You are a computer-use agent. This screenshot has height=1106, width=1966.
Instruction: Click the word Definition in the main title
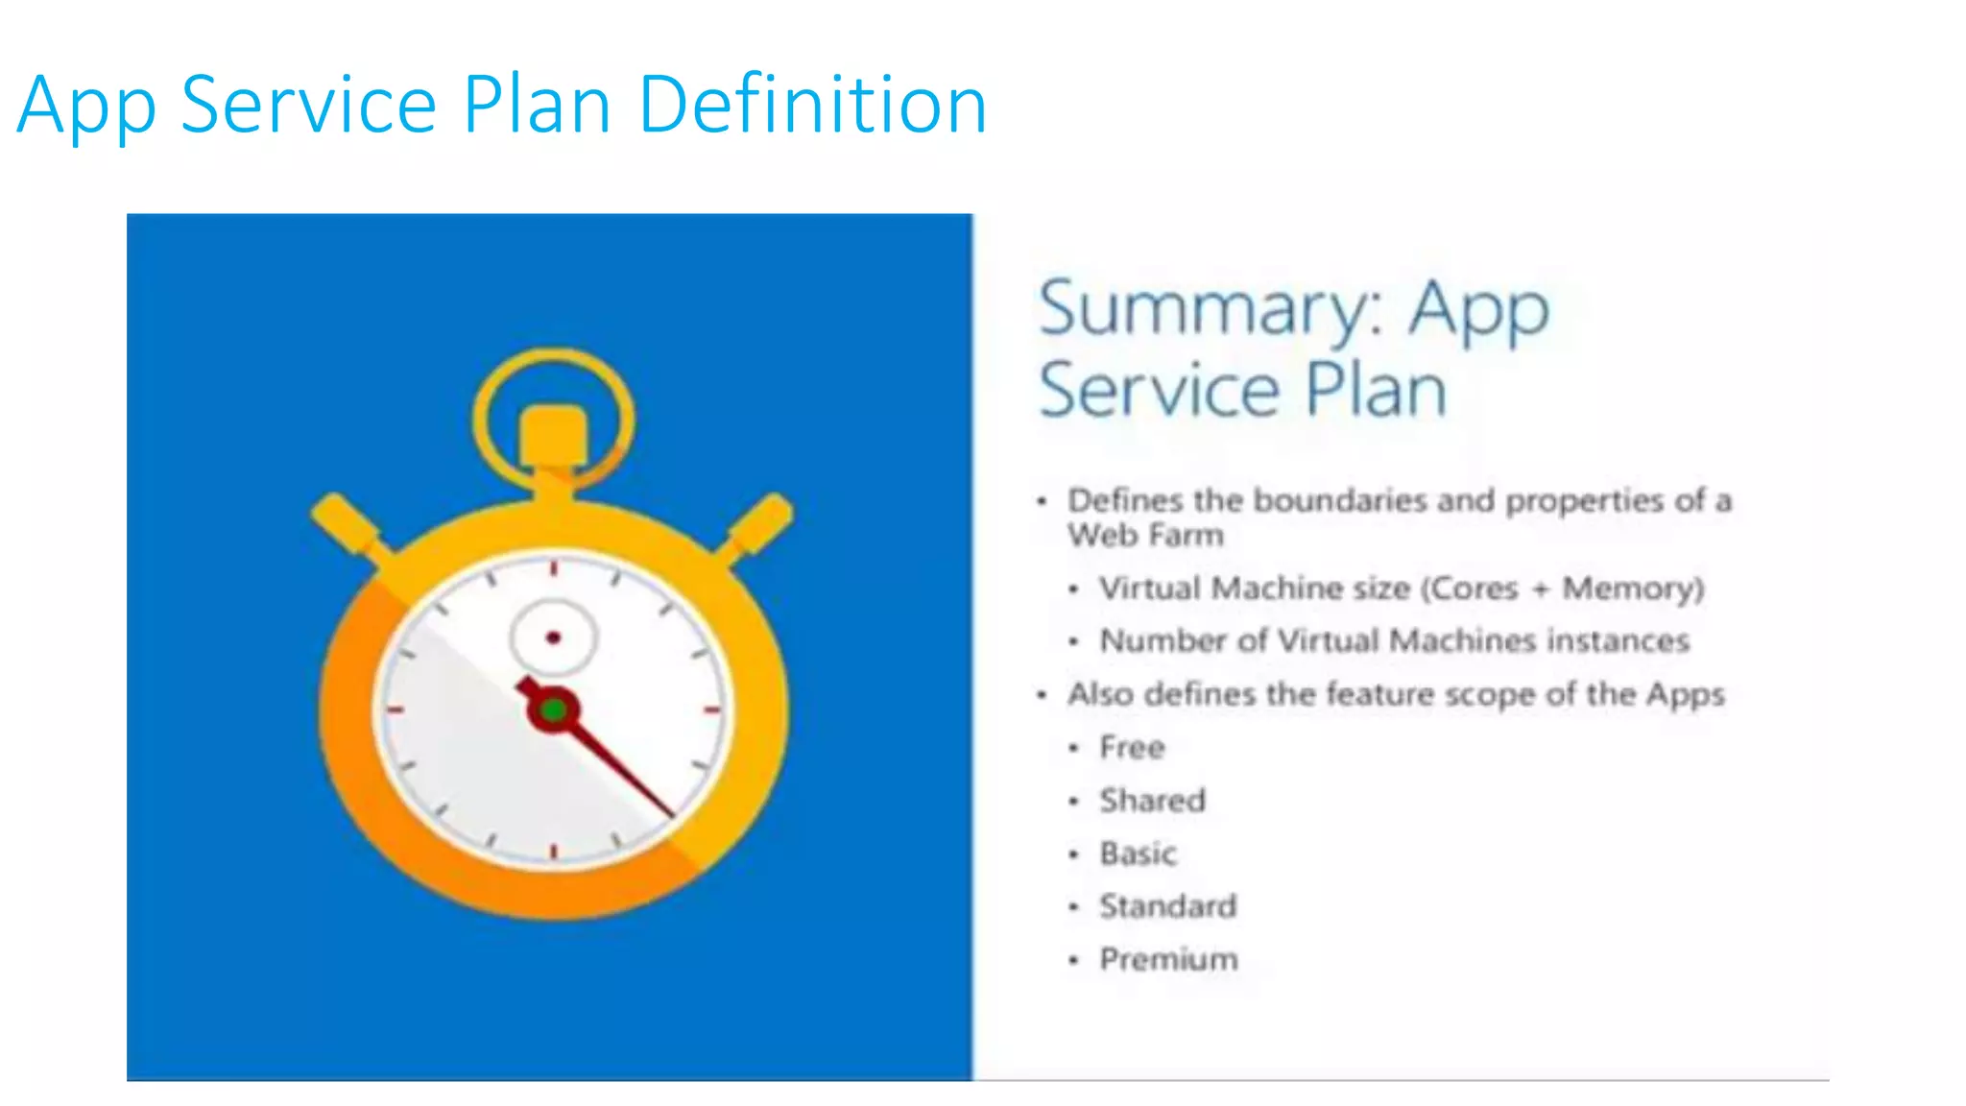[x=812, y=104]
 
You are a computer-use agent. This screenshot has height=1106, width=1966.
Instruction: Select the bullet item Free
[x=1132, y=747]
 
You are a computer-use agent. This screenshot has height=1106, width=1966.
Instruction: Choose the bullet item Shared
[x=1152, y=800]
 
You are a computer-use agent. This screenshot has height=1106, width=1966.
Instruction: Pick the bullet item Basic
[x=1138, y=853]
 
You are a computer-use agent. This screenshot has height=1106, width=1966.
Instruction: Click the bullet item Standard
[x=1167, y=905]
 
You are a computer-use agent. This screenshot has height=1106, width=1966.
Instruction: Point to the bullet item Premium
[x=1168, y=958]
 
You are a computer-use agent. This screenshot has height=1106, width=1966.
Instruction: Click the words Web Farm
[x=1145, y=535]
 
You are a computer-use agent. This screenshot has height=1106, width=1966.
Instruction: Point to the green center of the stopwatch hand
[x=553, y=710]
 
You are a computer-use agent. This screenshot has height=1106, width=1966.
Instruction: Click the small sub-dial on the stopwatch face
[x=553, y=637]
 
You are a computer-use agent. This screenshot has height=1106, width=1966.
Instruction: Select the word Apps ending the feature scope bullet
[x=1685, y=694]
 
